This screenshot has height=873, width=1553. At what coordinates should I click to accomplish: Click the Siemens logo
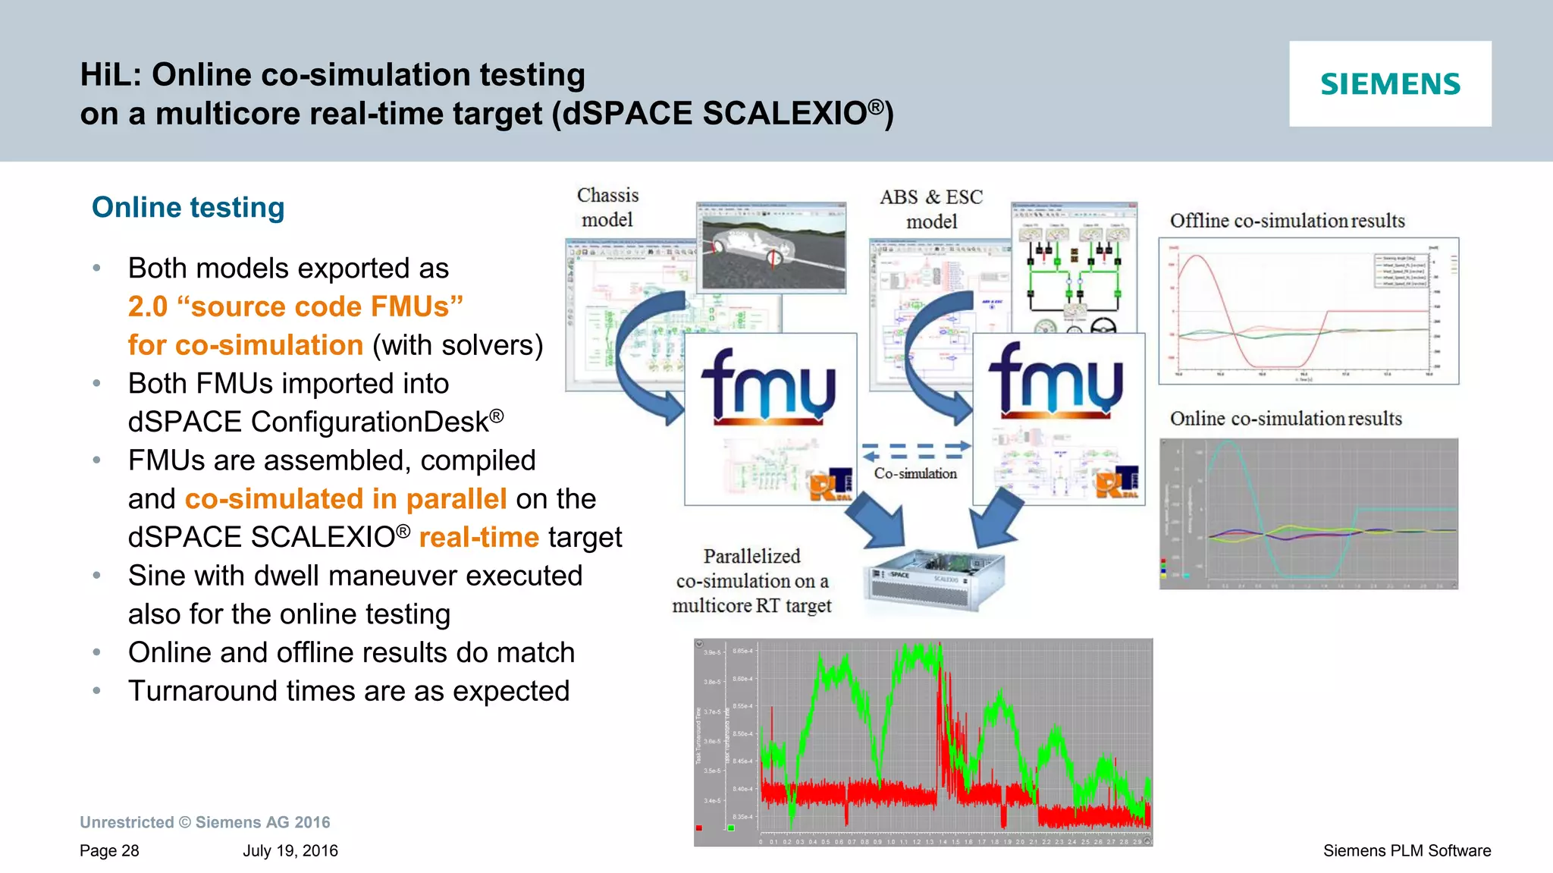tap(1390, 84)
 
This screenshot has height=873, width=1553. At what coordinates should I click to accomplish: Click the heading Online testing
tap(188, 207)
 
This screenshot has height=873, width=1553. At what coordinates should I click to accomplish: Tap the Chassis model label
tap(607, 207)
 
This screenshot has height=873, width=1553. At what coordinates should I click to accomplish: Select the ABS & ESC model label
tap(931, 209)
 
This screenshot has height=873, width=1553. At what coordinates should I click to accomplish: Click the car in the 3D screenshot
tap(751, 247)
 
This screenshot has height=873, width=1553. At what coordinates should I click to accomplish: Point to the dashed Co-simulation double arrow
tap(916, 451)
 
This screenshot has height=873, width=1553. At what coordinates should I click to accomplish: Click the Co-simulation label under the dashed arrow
tap(915, 473)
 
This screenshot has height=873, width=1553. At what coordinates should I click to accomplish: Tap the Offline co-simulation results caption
tap(1287, 221)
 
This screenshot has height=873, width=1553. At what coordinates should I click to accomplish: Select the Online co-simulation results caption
tap(1285, 419)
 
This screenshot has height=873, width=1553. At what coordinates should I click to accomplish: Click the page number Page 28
tap(109, 851)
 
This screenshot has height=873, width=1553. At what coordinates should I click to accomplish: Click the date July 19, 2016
tap(290, 851)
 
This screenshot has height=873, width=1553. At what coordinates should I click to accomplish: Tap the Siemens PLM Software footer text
tap(1407, 851)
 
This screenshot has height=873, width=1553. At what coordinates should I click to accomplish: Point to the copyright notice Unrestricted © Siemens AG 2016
tap(205, 822)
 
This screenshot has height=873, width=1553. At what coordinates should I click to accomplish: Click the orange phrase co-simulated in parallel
tap(346, 499)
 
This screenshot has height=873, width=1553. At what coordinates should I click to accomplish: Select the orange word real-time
tap(478, 538)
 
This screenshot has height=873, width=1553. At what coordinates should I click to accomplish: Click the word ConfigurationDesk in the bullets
tap(370, 422)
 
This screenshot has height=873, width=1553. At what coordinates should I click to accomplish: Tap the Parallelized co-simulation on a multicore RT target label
tap(751, 581)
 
